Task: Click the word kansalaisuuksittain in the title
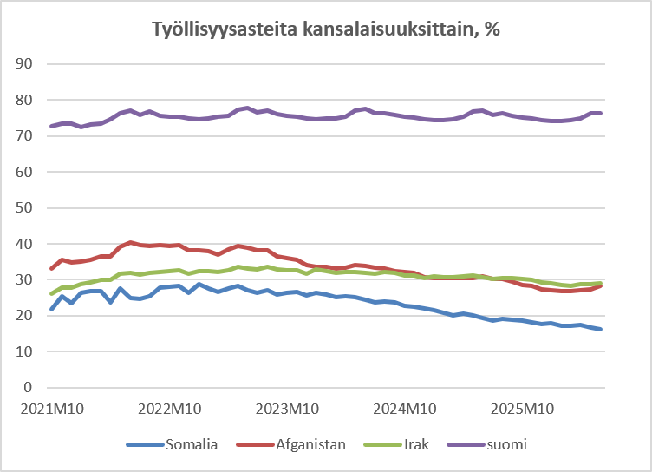click(x=390, y=29)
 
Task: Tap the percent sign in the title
click(x=492, y=29)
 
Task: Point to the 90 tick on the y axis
click(x=23, y=63)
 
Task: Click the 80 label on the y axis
click(x=23, y=100)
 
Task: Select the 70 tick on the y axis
click(x=23, y=135)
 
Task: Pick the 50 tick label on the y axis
click(x=23, y=207)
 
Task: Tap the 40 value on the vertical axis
click(x=23, y=244)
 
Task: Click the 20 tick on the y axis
click(x=23, y=316)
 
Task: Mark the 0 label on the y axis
click(x=28, y=388)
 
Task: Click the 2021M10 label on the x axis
click(x=52, y=410)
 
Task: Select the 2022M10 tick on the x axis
click(x=170, y=410)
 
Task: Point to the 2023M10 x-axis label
click(x=287, y=410)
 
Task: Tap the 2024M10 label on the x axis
click(x=405, y=410)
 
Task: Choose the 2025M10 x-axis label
click(x=522, y=410)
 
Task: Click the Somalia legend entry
click(x=173, y=444)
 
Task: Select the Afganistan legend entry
click(x=291, y=444)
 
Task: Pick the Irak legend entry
click(x=396, y=444)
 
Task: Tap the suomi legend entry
click(x=487, y=444)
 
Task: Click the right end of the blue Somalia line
click(x=601, y=329)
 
